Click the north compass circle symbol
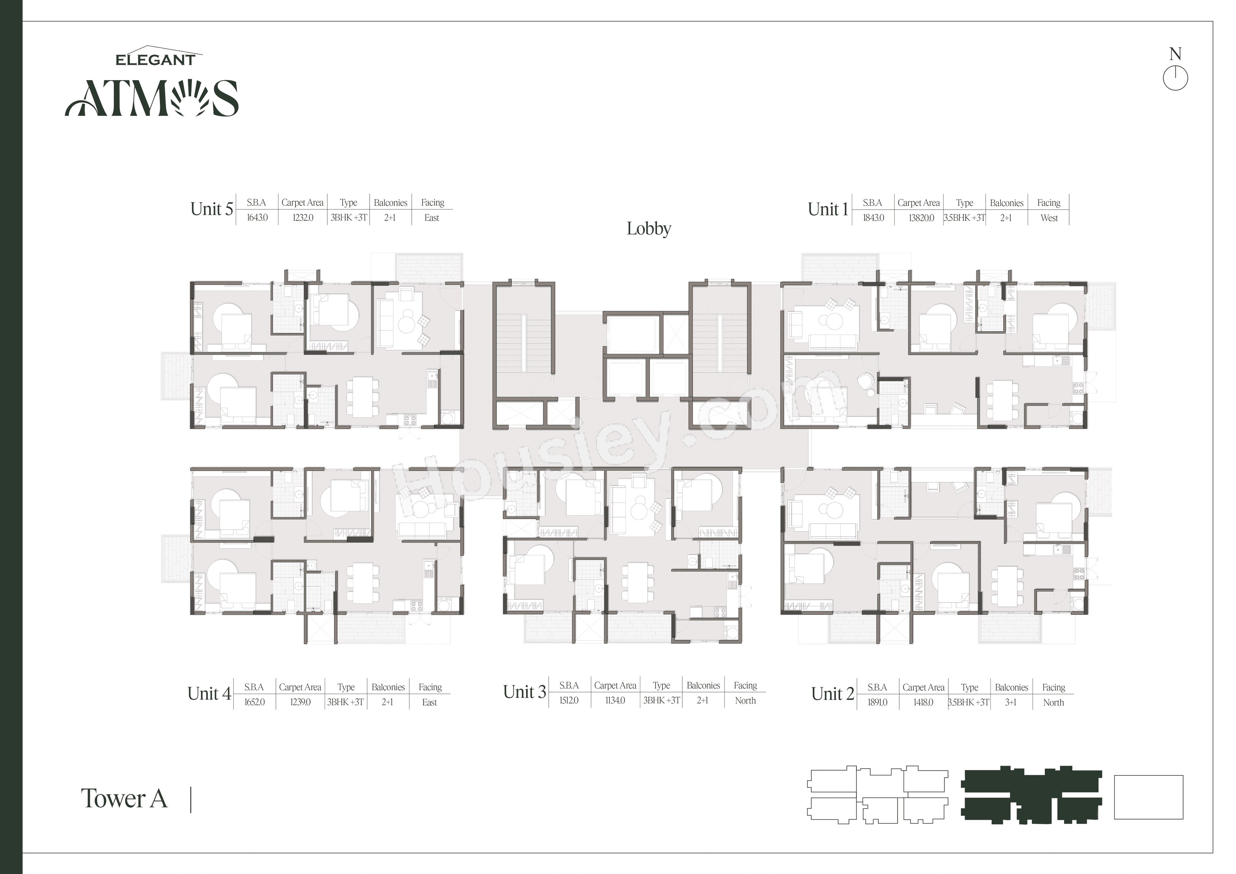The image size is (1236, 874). (x=1175, y=79)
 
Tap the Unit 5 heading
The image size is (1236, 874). (x=211, y=209)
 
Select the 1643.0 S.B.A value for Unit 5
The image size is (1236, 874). (x=257, y=218)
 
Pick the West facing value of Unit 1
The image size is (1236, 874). (x=1049, y=218)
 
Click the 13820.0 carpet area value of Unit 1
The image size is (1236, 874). (x=921, y=218)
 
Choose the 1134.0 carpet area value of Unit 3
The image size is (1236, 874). (x=615, y=700)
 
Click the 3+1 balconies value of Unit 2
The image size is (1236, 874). (x=1010, y=702)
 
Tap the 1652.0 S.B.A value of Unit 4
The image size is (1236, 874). (x=254, y=702)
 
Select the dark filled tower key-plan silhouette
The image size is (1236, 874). (x=1031, y=795)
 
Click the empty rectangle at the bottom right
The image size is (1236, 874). (x=1148, y=797)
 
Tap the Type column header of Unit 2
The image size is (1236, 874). (x=969, y=687)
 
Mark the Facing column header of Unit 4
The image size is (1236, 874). (x=430, y=687)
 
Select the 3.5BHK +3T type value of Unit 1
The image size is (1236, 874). (x=964, y=218)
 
